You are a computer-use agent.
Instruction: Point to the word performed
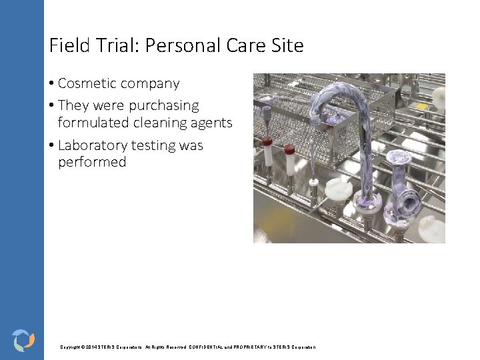coord(92,162)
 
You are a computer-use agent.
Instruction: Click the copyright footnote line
coord(188,347)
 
